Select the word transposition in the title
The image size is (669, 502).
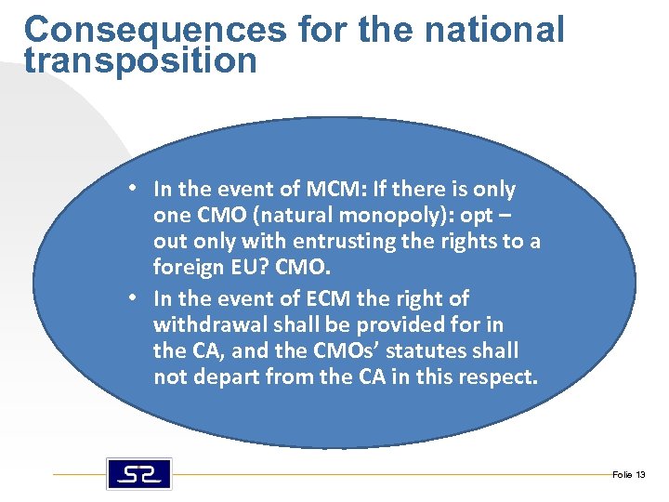tap(140, 61)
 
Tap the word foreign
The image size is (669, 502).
tap(186, 269)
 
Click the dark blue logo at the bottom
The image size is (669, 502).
tap(138, 474)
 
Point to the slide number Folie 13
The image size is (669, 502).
tap(628, 475)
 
